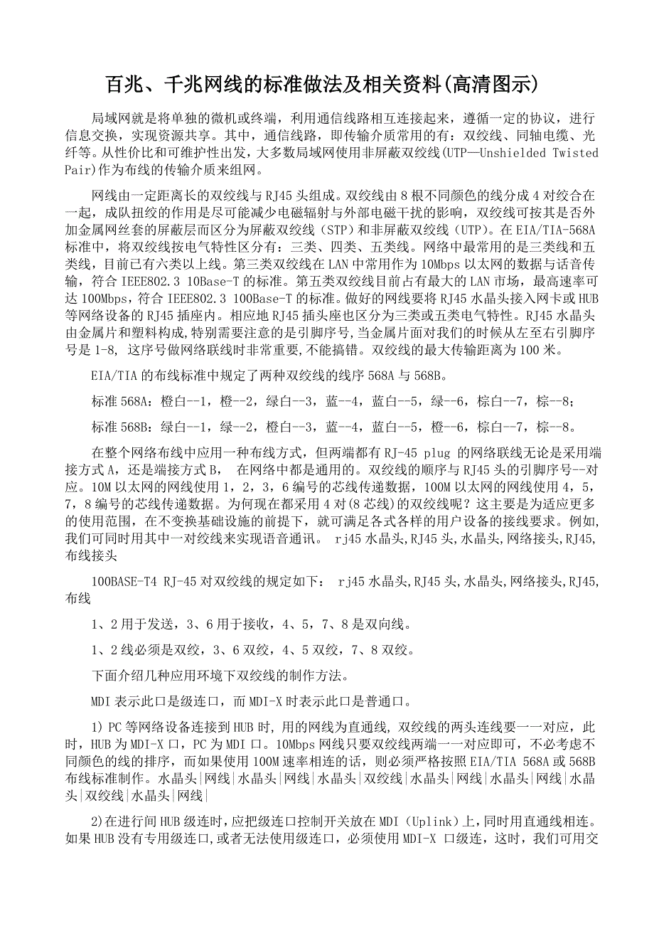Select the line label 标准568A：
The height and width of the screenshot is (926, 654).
(119, 402)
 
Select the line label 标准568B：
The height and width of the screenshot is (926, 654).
(119, 427)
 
